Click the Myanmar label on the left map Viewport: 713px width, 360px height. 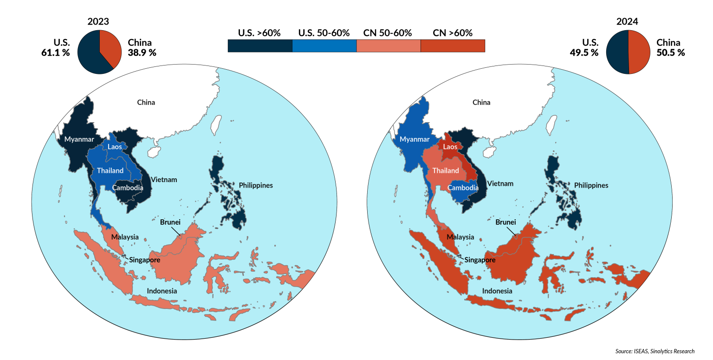pos(79,139)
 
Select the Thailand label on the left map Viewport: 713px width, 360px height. pos(110,170)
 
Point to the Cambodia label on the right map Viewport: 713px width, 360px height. pos(463,188)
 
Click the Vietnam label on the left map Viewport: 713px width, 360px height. pos(163,180)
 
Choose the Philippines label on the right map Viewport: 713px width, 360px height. pos(591,185)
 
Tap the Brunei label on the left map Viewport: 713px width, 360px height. pos(170,222)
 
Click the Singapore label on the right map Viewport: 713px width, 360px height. pos(480,260)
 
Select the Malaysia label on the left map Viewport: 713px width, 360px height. pos(125,237)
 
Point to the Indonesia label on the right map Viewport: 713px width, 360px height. pos(497,291)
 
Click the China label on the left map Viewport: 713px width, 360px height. pos(146,102)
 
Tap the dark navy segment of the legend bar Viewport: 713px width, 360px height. pos(260,46)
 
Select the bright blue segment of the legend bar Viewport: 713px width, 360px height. pos(324,46)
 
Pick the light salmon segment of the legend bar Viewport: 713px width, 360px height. pos(389,46)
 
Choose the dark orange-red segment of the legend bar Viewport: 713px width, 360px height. pos(453,46)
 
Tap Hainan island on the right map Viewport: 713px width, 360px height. pos(489,152)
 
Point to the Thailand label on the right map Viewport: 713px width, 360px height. pos(446,170)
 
